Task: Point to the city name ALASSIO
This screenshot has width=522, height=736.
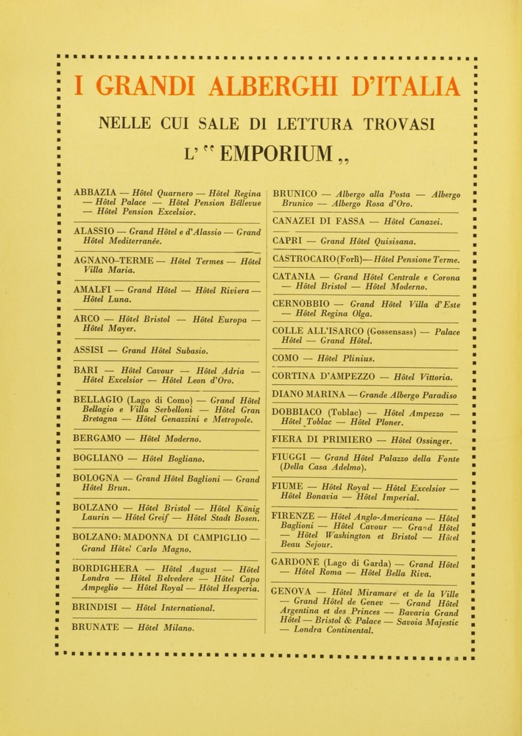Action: pyautogui.click(x=94, y=231)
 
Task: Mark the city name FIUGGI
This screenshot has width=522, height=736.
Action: pyautogui.click(x=291, y=457)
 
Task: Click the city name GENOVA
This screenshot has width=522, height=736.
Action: pyautogui.click(x=292, y=592)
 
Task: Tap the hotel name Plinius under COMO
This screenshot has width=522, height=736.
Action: pyautogui.click(x=356, y=358)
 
